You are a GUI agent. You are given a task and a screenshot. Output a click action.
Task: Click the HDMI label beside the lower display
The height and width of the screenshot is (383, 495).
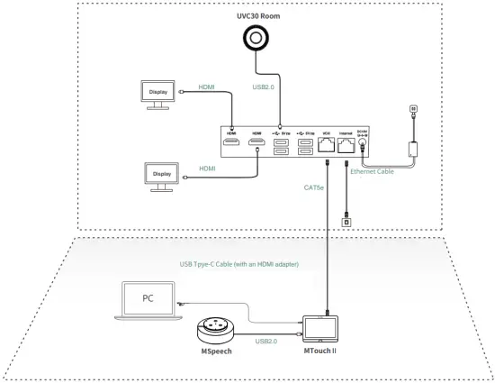pyautogui.click(x=208, y=169)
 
